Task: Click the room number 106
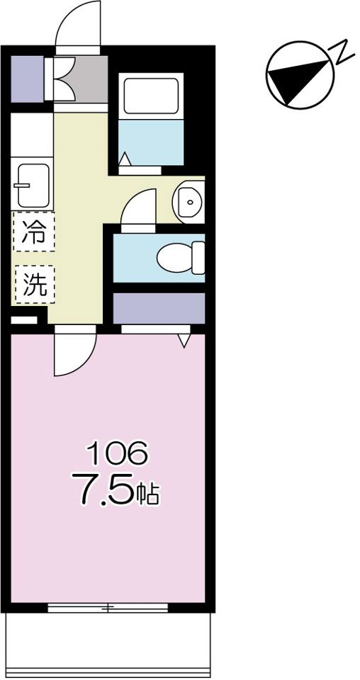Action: pyautogui.click(x=117, y=453)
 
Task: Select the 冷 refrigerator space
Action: pyautogui.click(x=34, y=232)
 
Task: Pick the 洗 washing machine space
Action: pyautogui.click(x=35, y=284)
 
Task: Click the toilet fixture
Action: pyautogui.click(x=181, y=258)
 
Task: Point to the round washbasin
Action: pyautogui.click(x=189, y=202)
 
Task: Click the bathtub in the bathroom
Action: pyautogui.click(x=151, y=96)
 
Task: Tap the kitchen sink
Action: pyautogui.click(x=33, y=185)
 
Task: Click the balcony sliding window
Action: pyautogui.click(x=108, y=608)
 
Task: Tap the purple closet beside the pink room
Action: pyautogui.click(x=159, y=308)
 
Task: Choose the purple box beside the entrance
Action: pyautogui.click(x=27, y=79)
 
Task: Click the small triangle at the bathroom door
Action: pyautogui.click(x=125, y=159)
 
